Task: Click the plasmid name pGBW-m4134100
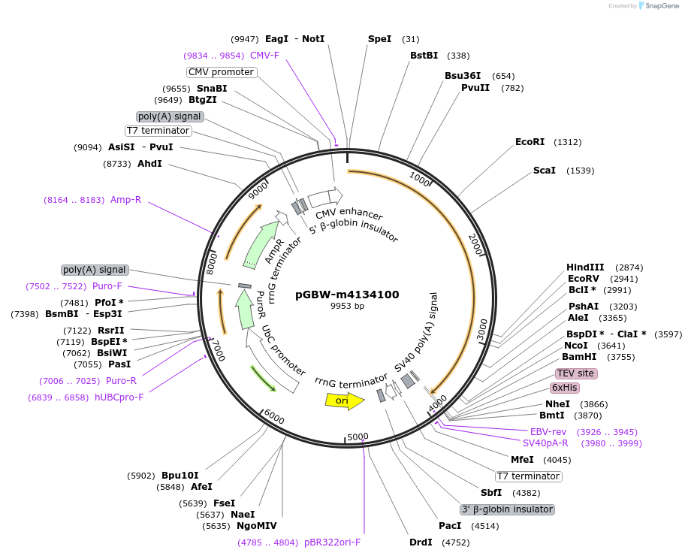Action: [x=347, y=295]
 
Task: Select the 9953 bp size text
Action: [x=347, y=307]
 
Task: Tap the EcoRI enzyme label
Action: [x=530, y=142]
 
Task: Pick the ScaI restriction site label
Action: [x=545, y=171]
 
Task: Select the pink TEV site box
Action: [x=575, y=373]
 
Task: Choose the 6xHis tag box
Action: [x=565, y=388]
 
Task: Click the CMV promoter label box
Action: [x=221, y=72]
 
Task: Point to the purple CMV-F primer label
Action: [x=264, y=56]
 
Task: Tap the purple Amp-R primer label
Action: [x=125, y=200]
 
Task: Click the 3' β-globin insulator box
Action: [x=507, y=509]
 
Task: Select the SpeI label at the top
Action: [x=379, y=39]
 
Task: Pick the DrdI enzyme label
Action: [x=421, y=542]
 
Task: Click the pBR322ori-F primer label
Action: [x=332, y=542]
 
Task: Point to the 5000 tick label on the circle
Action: [x=358, y=437]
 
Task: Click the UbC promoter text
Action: [x=283, y=351]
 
